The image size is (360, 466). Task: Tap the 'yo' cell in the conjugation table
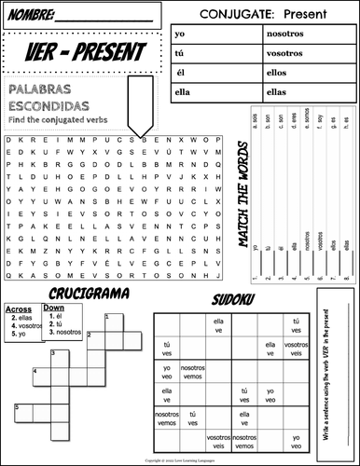point(178,33)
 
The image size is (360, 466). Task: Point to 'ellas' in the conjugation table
point(276,91)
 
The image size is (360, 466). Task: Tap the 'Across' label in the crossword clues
point(19,308)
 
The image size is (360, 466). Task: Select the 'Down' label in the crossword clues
point(54,308)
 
